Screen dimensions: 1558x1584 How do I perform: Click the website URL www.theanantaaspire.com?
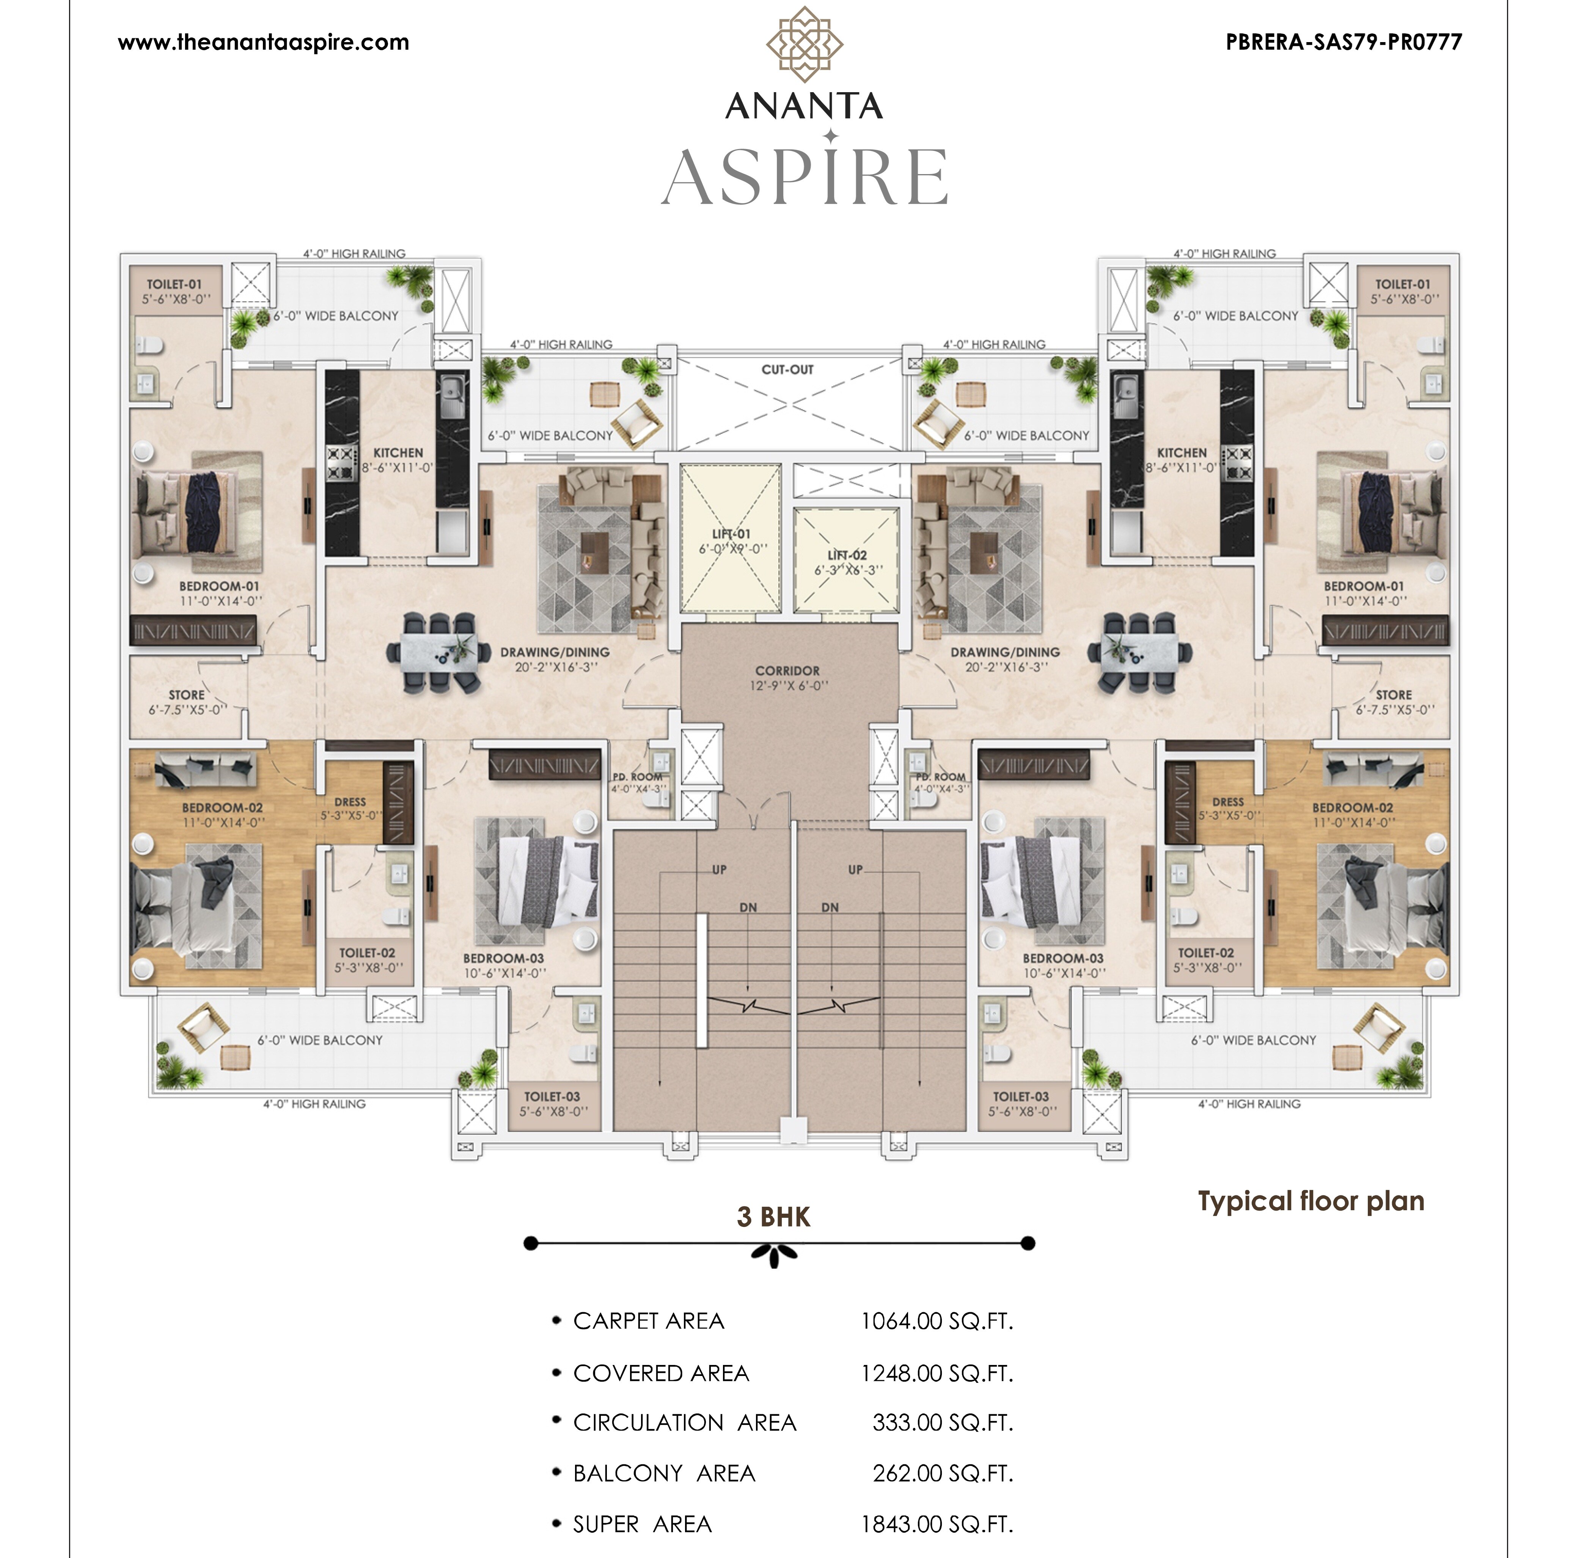click(264, 42)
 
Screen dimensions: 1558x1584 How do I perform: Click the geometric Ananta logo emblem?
click(804, 44)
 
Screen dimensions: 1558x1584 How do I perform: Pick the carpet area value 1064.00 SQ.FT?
click(937, 1321)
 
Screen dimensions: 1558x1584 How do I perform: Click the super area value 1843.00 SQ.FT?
click(937, 1523)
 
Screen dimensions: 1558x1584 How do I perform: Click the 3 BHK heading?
click(773, 1217)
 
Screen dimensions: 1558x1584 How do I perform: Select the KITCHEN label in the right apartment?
click(1182, 452)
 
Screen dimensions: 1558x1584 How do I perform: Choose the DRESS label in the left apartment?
click(350, 802)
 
